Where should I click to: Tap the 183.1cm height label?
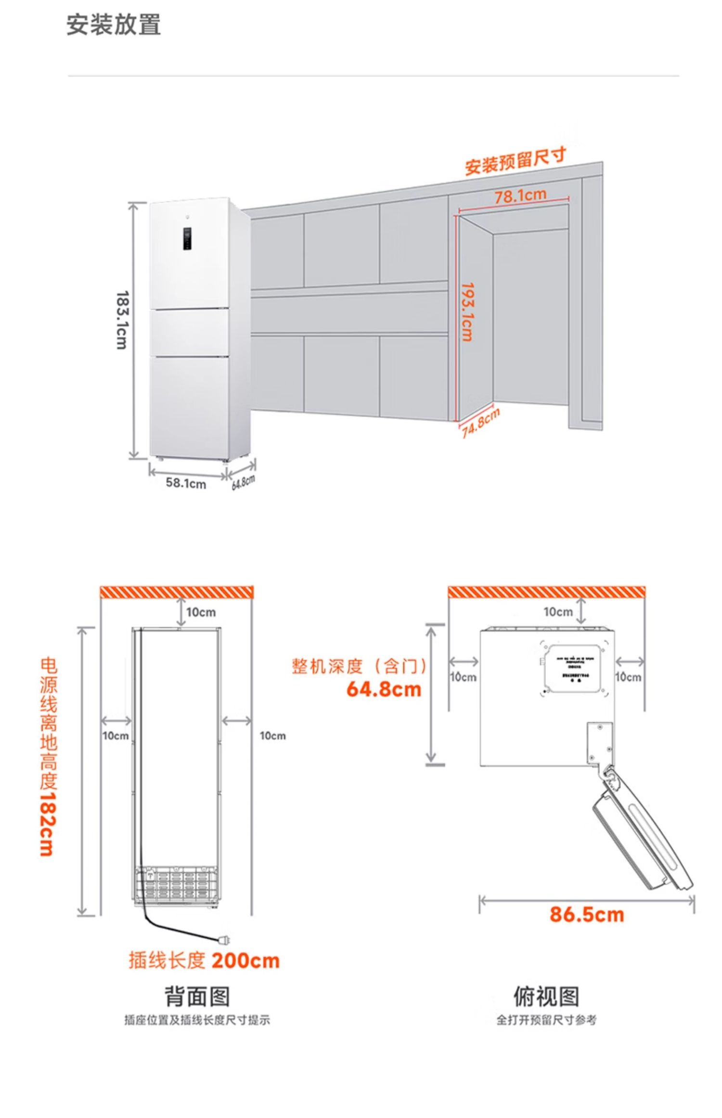click(122, 320)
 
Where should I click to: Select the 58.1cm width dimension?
click(186, 483)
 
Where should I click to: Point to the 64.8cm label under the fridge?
click(243, 482)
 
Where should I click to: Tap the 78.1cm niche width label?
click(520, 195)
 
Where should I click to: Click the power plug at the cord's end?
click(224, 939)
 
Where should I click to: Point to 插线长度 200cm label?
click(204, 961)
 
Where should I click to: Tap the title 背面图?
click(197, 996)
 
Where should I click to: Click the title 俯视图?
click(546, 996)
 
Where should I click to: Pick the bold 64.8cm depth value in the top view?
click(384, 689)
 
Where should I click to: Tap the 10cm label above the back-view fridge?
click(201, 612)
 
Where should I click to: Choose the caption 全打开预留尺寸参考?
click(546, 1020)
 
